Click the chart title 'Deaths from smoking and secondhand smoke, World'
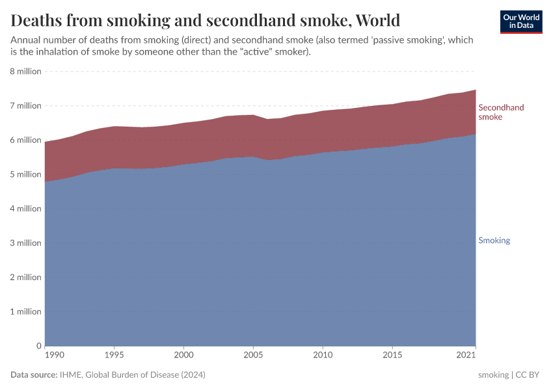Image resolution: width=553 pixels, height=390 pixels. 206,20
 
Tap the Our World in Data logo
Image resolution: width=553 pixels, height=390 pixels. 521,21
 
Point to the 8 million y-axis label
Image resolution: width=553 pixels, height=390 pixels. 26,71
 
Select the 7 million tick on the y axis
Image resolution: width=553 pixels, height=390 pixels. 26,106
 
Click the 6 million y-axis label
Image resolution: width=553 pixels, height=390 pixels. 26,140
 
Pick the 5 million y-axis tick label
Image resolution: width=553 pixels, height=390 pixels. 26,174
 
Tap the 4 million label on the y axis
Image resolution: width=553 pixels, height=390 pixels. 26,209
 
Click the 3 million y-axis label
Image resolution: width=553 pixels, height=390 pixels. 26,243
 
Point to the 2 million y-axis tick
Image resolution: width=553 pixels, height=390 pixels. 26,278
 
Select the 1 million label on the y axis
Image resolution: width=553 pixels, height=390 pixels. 26,312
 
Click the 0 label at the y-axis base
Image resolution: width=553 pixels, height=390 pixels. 38,346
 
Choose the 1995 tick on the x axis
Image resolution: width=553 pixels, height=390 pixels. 115,355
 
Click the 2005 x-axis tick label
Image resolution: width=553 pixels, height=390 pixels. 253,355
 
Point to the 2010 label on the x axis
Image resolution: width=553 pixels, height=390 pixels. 323,355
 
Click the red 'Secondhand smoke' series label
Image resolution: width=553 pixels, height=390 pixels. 501,112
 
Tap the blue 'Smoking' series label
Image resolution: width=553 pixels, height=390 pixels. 494,240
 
